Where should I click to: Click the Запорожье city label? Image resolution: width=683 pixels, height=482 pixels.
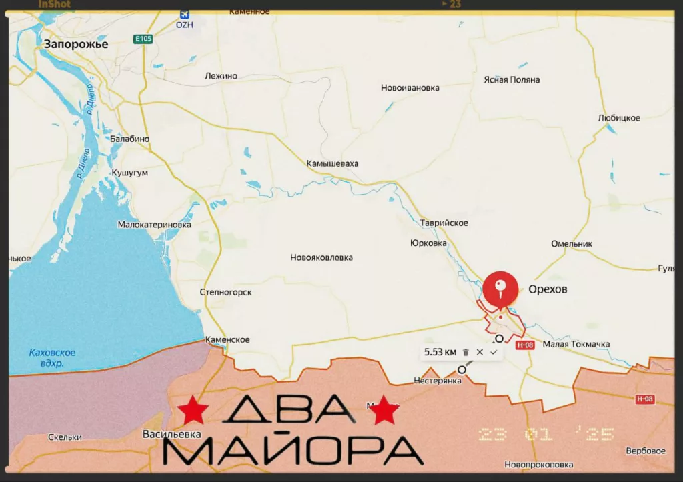(75, 44)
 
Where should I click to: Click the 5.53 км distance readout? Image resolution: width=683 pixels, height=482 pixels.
(440, 352)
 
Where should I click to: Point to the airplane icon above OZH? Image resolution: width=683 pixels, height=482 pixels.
(185, 13)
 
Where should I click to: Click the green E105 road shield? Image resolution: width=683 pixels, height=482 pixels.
(143, 39)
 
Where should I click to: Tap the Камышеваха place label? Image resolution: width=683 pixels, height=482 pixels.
(332, 163)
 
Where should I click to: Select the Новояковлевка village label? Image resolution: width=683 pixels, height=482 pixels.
(321, 257)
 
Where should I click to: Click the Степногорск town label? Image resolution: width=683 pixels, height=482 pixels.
(226, 292)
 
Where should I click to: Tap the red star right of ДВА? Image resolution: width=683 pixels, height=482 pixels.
(384, 409)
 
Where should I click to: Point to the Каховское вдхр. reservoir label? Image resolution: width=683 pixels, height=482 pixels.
(53, 357)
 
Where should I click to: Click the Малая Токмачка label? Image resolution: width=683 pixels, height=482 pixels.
(576, 344)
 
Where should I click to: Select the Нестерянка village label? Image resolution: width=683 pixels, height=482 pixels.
(438, 381)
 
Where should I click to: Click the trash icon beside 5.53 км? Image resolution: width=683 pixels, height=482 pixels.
(466, 352)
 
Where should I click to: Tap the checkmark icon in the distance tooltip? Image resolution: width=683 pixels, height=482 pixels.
(494, 352)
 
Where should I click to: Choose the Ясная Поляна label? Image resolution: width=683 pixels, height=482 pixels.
(512, 79)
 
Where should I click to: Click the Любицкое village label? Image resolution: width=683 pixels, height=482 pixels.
(619, 118)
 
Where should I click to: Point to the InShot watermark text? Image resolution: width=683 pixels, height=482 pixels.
(54, 4)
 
